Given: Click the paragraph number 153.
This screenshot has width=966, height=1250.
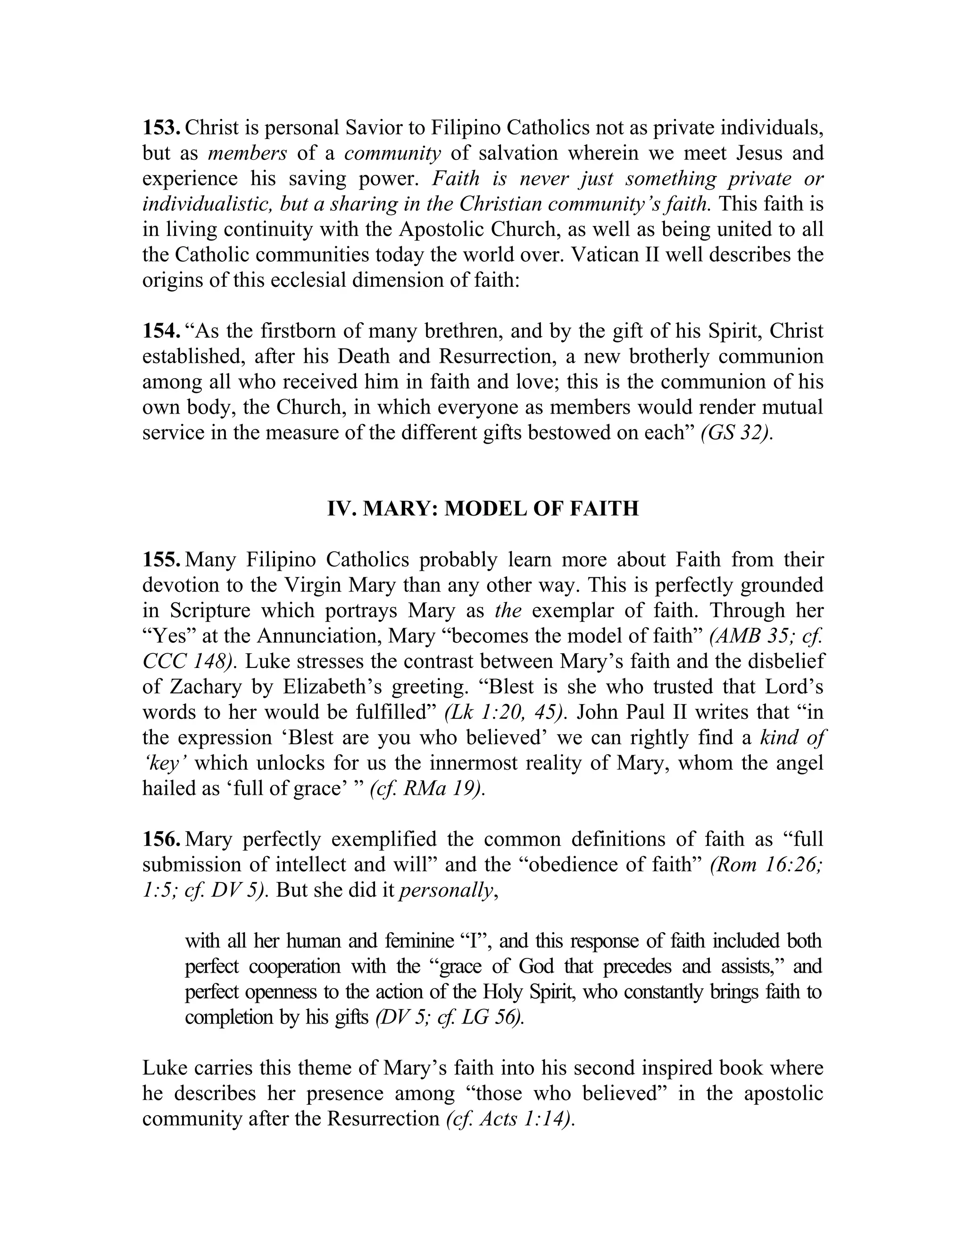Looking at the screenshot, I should pyautogui.click(x=161, y=128).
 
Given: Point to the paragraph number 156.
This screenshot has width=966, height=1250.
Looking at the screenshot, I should pyautogui.click(x=161, y=839).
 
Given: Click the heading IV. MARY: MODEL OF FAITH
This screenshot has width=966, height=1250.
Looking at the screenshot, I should pyautogui.click(x=483, y=508).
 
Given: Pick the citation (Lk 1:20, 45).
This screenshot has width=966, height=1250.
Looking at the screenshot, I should pyautogui.click(x=506, y=713).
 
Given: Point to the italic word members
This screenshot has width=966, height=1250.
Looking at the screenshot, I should pyautogui.click(x=247, y=153).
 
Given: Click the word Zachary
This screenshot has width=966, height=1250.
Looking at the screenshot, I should pyautogui.click(x=204, y=687).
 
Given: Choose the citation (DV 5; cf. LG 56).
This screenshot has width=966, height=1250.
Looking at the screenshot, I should pyautogui.click(x=449, y=1017).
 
